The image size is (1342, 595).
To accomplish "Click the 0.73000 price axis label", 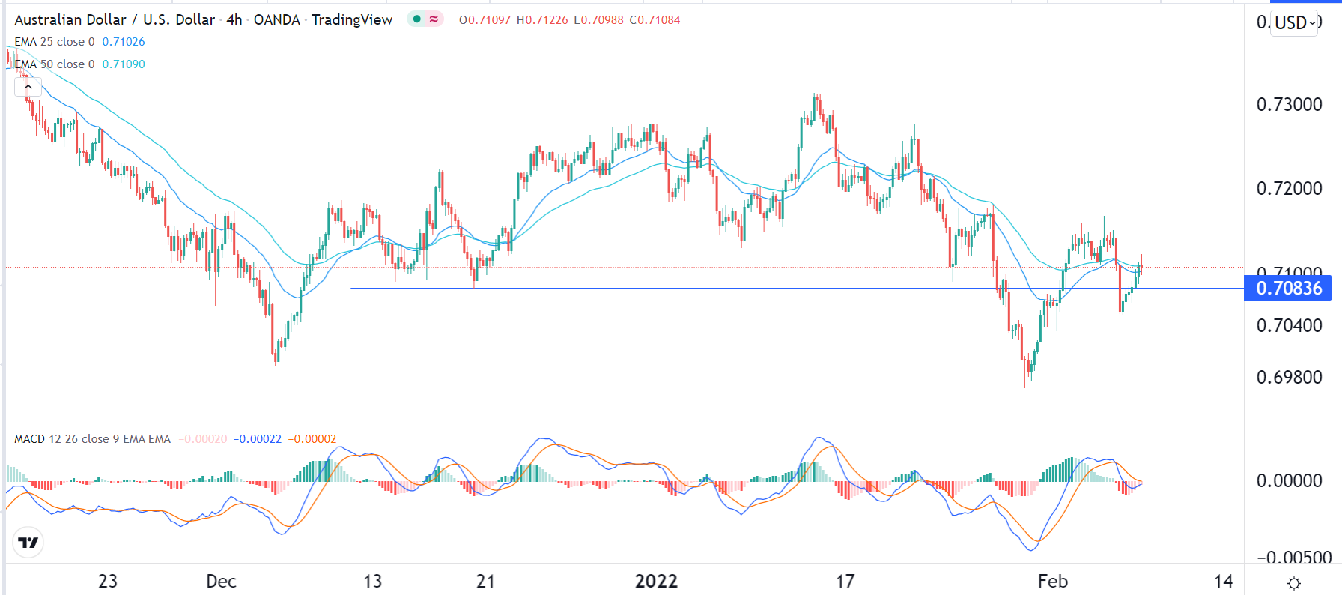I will tap(1289, 105).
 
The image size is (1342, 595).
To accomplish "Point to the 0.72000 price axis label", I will tap(1289, 189).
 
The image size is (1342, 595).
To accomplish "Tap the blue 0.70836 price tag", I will tap(1288, 289).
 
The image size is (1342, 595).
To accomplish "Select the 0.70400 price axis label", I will tap(1289, 326).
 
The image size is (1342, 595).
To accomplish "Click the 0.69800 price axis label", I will tap(1289, 378).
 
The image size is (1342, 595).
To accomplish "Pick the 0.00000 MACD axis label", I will tap(1289, 481).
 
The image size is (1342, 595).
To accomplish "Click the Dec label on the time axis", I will tap(221, 582).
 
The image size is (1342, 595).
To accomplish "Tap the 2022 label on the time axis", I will tap(656, 582).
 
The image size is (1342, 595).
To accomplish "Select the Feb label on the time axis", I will tap(1052, 582).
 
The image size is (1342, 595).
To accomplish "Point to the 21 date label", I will tap(485, 582).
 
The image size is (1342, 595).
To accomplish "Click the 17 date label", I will tap(845, 582).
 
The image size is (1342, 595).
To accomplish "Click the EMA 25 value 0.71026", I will tap(124, 42).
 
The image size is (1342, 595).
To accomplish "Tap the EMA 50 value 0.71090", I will tap(124, 64).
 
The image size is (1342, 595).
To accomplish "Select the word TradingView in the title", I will tap(352, 20).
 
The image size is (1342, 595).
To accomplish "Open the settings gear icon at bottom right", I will tap(1293, 583).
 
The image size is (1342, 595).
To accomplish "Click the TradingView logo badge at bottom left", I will tap(28, 543).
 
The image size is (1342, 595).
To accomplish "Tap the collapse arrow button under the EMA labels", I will tap(28, 88).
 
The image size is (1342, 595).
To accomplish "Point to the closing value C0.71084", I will tap(655, 20).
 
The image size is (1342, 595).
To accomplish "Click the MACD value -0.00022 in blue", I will tap(257, 439).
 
